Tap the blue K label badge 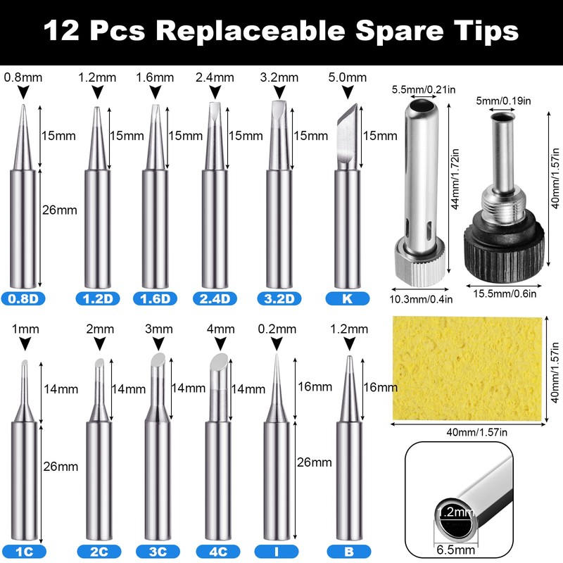(x=347, y=298)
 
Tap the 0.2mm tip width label (x=277, y=329)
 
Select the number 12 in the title (x=62, y=31)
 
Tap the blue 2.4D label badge (x=214, y=298)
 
